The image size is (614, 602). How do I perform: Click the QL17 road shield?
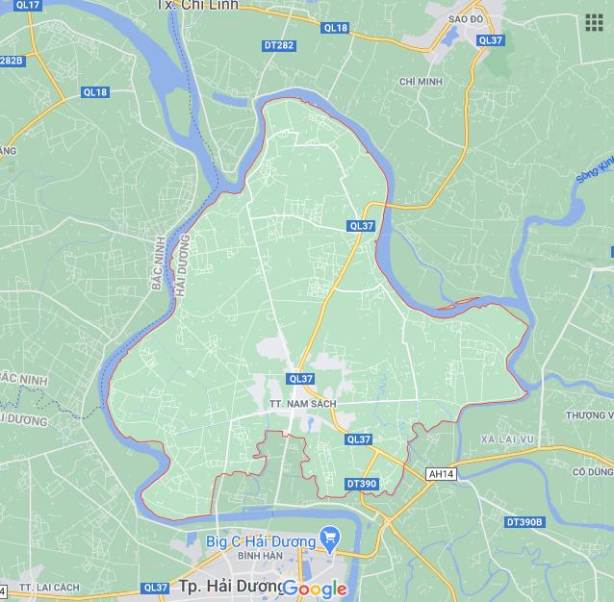coord(29,6)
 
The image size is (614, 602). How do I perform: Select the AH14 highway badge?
coord(441,474)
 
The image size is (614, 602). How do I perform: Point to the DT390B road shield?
coord(524,521)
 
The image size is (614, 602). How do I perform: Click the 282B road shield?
coord(11,61)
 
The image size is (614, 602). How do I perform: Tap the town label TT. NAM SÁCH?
coord(302,403)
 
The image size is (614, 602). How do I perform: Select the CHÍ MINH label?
coord(421,82)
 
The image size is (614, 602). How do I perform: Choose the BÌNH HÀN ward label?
coord(259,556)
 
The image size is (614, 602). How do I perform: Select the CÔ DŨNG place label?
coord(592,472)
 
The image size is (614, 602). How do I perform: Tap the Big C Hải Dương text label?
coord(260,541)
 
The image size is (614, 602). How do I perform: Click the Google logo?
coord(315,589)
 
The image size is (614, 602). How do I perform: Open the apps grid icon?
coord(593,22)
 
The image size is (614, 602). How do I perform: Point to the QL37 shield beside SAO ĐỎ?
coord(490,40)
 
